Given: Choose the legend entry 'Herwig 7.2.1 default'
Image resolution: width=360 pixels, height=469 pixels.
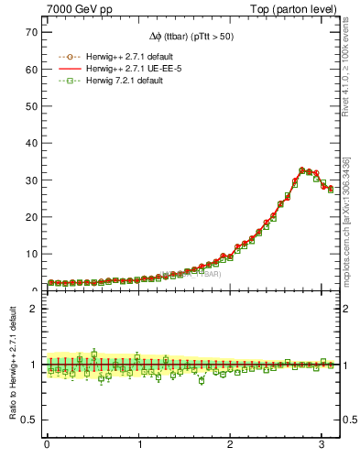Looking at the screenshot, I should tap(120, 82).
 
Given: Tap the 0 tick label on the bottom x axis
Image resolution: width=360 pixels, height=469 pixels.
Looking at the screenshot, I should tap(47, 444).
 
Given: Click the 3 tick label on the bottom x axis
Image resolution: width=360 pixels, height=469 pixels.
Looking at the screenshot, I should tap(322, 444).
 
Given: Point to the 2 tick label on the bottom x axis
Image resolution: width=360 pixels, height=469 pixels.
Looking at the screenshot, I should tap(230, 444).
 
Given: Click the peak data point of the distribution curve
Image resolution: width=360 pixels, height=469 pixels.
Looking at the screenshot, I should tap(302, 170).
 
